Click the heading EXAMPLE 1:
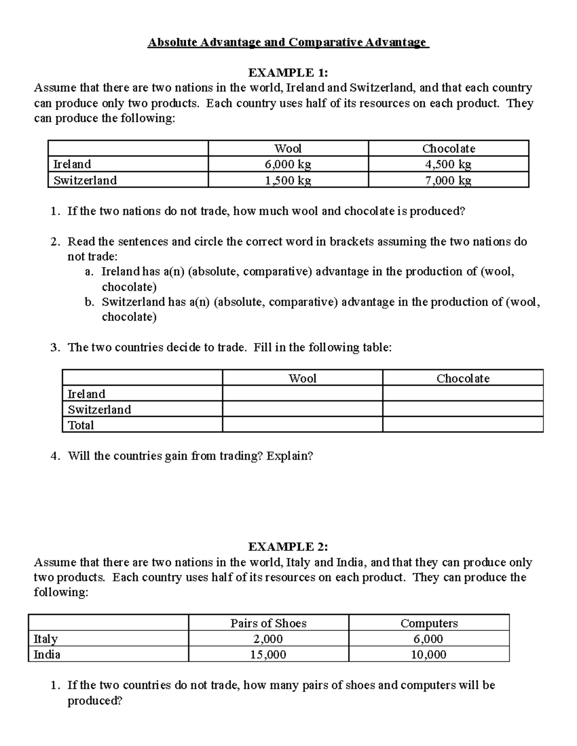click(x=288, y=73)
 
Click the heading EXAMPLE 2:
click(x=288, y=547)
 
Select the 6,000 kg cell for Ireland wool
click(x=288, y=164)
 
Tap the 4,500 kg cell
click(x=448, y=164)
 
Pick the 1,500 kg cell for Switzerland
click(x=288, y=181)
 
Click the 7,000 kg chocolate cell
click(x=448, y=181)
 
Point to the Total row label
click(x=81, y=425)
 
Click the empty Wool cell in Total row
click(x=302, y=425)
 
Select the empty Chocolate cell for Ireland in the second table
click(x=463, y=393)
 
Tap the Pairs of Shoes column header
click(x=268, y=623)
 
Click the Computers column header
click(x=429, y=623)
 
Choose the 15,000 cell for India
click(x=268, y=654)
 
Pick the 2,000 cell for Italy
click(x=268, y=639)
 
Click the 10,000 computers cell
click(x=429, y=654)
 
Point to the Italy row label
click(x=46, y=639)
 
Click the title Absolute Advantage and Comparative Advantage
click(x=288, y=43)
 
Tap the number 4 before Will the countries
click(x=54, y=456)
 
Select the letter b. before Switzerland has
click(x=88, y=302)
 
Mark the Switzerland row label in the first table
click(x=85, y=181)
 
